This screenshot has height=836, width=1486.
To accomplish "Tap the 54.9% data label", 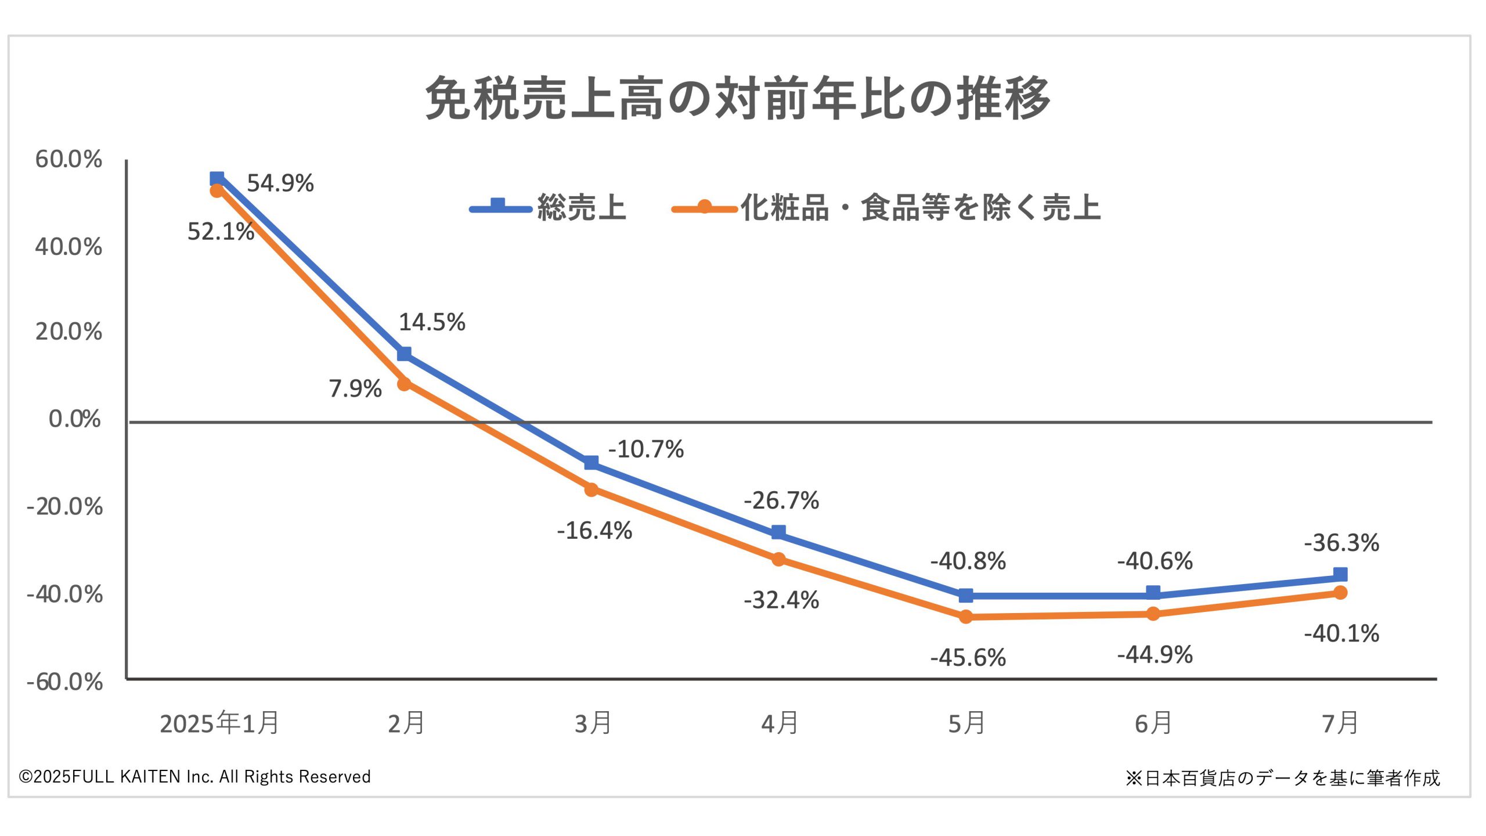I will [x=280, y=183].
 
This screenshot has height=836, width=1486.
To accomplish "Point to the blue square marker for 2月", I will [x=404, y=354].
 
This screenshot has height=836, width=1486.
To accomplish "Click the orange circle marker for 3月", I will [x=591, y=489].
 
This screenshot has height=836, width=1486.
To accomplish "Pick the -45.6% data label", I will [x=968, y=658].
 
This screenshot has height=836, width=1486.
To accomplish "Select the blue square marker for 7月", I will [x=1340, y=575].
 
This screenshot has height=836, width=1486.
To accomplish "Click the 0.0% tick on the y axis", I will [x=74, y=419].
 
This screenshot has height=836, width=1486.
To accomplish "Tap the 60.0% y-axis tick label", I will [x=68, y=159].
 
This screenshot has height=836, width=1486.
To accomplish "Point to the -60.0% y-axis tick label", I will [x=64, y=682].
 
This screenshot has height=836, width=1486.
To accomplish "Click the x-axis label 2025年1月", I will [x=219, y=723].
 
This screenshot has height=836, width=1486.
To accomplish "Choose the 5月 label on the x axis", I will [x=966, y=723].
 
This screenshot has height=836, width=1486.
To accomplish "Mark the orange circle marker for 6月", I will [x=1153, y=614].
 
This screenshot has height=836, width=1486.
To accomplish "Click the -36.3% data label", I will [x=1341, y=543].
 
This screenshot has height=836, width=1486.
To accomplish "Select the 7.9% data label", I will [x=355, y=388].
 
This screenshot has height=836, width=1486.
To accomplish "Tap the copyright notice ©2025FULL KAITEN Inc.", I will [x=194, y=777].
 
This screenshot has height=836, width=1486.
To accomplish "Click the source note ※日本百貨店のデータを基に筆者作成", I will [x=1283, y=778].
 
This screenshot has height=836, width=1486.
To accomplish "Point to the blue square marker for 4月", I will [x=778, y=532].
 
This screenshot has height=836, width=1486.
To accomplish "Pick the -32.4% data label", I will [x=781, y=600].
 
